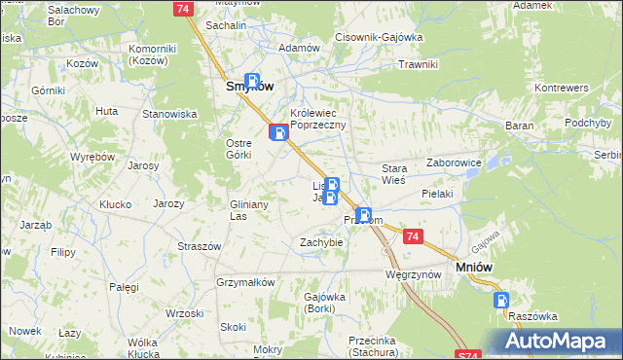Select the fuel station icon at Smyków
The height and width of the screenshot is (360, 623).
[x=252, y=82]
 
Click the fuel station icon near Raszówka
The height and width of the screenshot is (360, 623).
[x=501, y=300]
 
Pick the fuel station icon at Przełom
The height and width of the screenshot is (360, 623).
[x=363, y=215]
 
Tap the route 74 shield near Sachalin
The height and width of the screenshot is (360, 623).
[x=182, y=8]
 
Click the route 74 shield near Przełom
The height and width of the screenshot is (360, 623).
[x=413, y=236]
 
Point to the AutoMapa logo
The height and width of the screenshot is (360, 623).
[x=554, y=341]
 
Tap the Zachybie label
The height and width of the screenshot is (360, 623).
[x=321, y=242]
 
